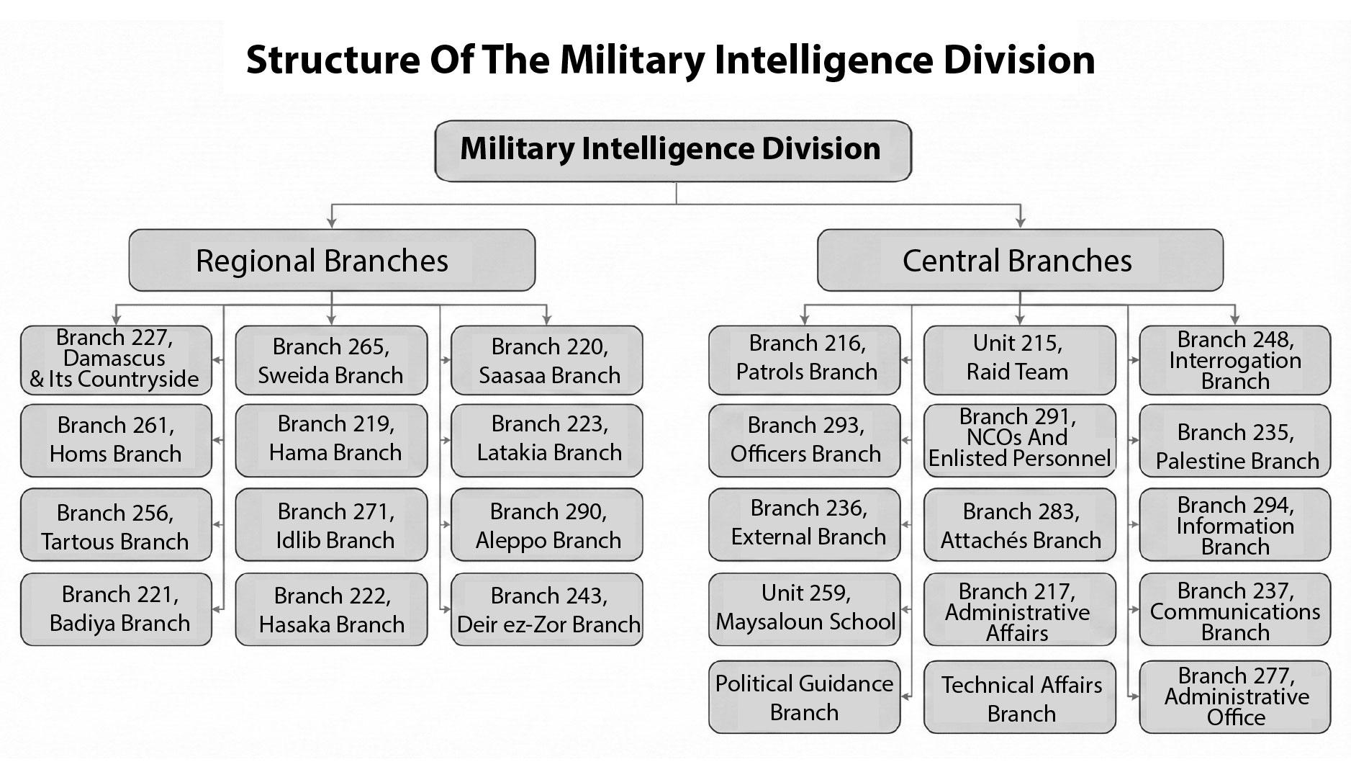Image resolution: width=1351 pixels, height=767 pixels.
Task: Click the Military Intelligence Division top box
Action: [x=673, y=151]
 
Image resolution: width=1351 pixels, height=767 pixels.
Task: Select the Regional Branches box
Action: [x=331, y=260]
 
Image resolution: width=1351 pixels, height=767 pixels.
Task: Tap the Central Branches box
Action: [x=1019, y=260]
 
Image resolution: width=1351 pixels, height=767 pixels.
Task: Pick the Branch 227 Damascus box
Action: [x=116, y=359]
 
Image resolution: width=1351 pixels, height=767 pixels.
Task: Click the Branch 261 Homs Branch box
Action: [x=116, y=440]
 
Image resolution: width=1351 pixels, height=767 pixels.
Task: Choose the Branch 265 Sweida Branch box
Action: [x=331, y=360]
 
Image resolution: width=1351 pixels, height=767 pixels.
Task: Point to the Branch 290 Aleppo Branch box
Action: [x=547, y=525]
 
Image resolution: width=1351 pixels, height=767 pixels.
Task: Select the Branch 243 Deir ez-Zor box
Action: [x=547, y=609]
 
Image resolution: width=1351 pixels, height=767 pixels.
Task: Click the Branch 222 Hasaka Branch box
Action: [x=331, y=609]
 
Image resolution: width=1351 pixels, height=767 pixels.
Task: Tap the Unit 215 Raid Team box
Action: [x=1019, y=359]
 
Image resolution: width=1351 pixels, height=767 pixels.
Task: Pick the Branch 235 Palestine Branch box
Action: [x=1234, y=440]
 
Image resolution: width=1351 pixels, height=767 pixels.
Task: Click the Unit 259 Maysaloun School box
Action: [x=804, y=608]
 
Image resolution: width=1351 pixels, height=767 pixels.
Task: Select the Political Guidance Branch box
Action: [x=804, y=697]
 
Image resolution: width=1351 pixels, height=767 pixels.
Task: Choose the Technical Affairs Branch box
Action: [x=1019, y=697]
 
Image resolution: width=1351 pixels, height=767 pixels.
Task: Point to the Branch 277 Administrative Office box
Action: [x=1234, y=697]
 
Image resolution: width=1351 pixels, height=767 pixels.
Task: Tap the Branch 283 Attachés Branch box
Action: [x=1019, y=525]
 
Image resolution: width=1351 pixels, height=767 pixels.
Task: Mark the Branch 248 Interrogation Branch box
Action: [x=1234, y=359]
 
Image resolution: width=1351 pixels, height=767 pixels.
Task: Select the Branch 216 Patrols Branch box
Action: [x=804, y=359]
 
